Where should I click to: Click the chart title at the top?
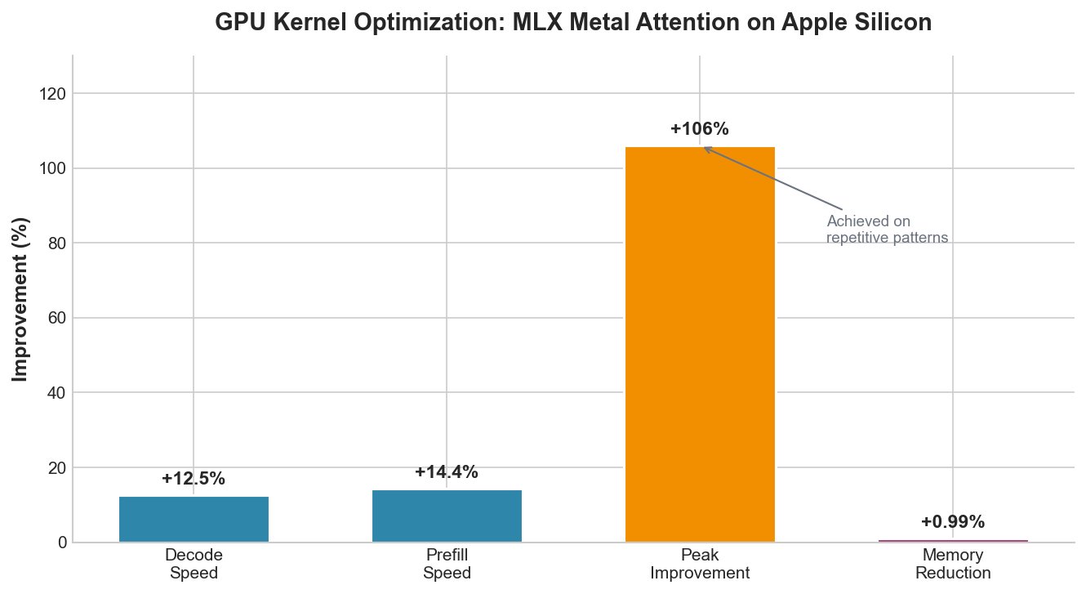click(573, 23)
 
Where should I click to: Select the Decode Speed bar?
click(194, 520)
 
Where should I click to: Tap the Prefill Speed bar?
click(447, 516)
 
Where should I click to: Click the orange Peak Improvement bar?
click(700, 344)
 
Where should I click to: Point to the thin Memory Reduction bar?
click(953, 541)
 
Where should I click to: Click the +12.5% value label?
click(194, 479)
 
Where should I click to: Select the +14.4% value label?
click(447, 472)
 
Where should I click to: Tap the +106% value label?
click(700, 129)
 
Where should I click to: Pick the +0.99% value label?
click(953, 522)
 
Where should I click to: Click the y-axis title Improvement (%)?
click(21, 299)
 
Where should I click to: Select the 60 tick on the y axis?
click(56, 318)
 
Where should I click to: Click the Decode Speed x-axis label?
click(194, 564)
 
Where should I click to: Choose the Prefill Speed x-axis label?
click(447, 564)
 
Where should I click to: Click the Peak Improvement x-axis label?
click(700, 564)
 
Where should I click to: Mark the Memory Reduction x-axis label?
click(953, 564)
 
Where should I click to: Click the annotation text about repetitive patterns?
click(887, 230)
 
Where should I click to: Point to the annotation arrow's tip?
click(704, 148)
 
